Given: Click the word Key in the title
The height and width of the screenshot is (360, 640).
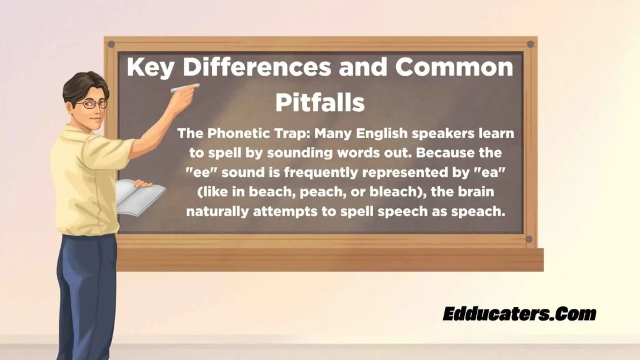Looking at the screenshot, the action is [150, 68].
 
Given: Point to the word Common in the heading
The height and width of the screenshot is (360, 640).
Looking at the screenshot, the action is [454, 66].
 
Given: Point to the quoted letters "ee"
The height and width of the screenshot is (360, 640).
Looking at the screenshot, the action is [201, 172].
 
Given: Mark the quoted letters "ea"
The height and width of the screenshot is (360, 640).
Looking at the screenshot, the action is [490, 172].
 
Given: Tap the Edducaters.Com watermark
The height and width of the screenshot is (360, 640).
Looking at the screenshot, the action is [519, 314].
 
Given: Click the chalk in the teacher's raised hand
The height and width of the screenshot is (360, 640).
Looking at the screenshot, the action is [185, 87].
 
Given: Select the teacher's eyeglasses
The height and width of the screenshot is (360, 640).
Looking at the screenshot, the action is [92, 104].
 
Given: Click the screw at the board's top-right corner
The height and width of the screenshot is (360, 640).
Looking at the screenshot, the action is [530, 44].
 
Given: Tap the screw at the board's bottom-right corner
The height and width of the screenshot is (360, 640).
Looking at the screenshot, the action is [529, 239].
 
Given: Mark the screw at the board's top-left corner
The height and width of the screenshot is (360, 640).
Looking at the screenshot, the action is [111, 44].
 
